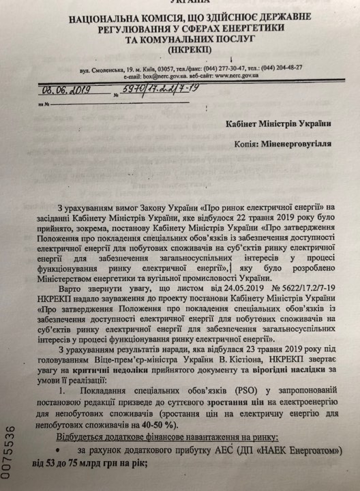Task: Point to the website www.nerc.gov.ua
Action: [x=241, y=76]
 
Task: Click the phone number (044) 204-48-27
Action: [x=279, y=68]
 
